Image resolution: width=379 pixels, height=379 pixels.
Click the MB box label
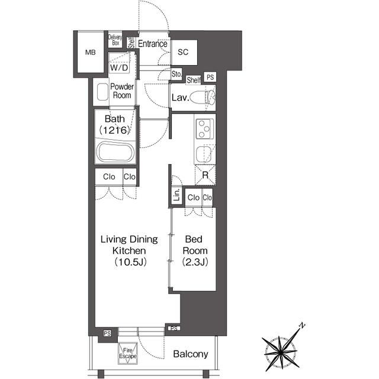pyautogui.click(x=90, y=53)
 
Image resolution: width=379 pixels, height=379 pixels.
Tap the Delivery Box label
pyautogui.click(x=115, y=40)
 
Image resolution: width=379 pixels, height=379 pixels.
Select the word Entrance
pyautogui.click(x=152, y=43)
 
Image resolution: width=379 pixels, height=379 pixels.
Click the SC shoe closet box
pyautogui.click(x=183, y=52)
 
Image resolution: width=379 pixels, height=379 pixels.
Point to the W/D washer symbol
pyautogui.click(x=119, y=68)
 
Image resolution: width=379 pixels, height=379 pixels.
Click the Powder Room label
pyautogui.click(x=122, y=91)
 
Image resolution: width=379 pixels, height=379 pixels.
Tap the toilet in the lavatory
pyautogui.click(x=204, y=97)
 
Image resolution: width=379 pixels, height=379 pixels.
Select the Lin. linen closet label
pyautogui.click(x=176, y=196)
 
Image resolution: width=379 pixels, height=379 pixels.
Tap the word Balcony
pyautogui.click(x=191, y=354)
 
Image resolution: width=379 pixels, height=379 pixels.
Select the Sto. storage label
pyautogui.click(x=176, y=75)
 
